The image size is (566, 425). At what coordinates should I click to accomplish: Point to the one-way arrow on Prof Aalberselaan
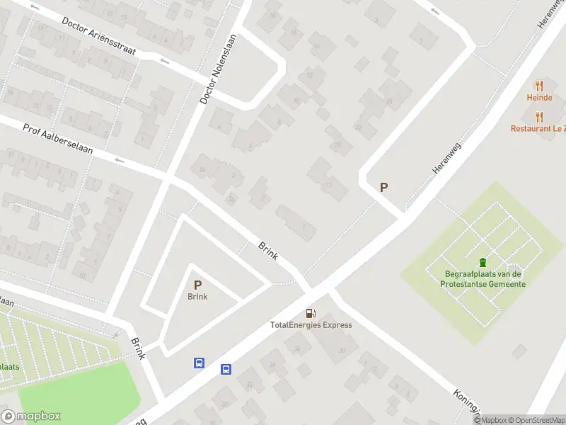[120, 161]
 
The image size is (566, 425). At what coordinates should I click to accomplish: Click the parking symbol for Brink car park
[197, 284]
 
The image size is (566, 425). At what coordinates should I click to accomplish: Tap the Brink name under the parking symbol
[197, 297]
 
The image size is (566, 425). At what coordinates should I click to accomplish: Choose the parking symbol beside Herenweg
[384, 188]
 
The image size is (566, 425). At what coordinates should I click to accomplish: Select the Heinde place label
[538, 98]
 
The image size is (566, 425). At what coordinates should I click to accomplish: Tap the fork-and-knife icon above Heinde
[538, 85]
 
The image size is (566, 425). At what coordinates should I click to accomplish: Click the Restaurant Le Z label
[538, 129]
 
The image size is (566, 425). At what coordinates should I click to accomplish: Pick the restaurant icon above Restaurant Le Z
[538, 116]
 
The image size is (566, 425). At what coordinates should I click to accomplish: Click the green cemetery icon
[483, 263]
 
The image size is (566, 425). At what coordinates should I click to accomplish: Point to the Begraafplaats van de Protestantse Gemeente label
[484, 279]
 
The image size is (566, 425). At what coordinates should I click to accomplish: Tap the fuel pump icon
[311, 313]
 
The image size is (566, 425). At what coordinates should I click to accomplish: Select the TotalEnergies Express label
[311, 325]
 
